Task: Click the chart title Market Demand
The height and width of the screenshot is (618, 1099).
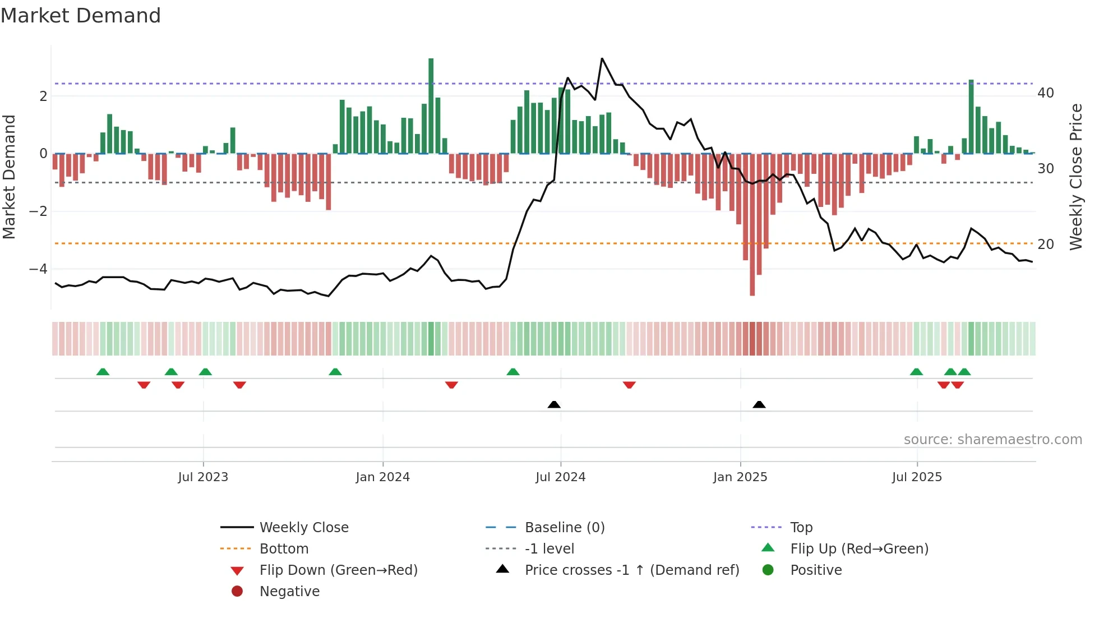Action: coord(81,15)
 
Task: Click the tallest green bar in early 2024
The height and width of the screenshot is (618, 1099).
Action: coord(431,107)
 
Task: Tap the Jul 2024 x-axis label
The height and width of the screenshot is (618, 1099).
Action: coord(560,477)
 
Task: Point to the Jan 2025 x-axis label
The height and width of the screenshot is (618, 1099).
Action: coord(740,477)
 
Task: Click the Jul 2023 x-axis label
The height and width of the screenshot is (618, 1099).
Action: coord(203,477)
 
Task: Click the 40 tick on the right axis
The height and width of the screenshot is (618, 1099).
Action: coord(1045,93)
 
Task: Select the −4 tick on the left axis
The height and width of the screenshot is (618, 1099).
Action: coord(38,269)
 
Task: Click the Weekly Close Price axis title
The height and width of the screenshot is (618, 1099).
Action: coord(1075,177)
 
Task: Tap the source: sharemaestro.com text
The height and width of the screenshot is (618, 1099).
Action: coord(992,439)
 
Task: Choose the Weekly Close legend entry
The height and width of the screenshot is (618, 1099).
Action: coord(303,527)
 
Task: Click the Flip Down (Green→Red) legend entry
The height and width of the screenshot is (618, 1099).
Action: coord(338,570)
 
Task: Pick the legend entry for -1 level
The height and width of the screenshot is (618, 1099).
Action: coord(549,548)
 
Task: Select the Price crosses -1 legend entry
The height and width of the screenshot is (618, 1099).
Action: coord(631,570)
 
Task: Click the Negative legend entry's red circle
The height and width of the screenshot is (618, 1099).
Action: coord(237,591)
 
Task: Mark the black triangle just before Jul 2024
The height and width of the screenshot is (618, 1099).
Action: coord(554,404)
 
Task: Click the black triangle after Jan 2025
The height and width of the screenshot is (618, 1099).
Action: coord(759,404)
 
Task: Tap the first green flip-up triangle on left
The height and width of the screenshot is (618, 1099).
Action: coord(103,372)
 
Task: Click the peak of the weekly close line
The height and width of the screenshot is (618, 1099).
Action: coord(602,58)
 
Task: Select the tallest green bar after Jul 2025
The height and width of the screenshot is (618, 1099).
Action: coord(971,117)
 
